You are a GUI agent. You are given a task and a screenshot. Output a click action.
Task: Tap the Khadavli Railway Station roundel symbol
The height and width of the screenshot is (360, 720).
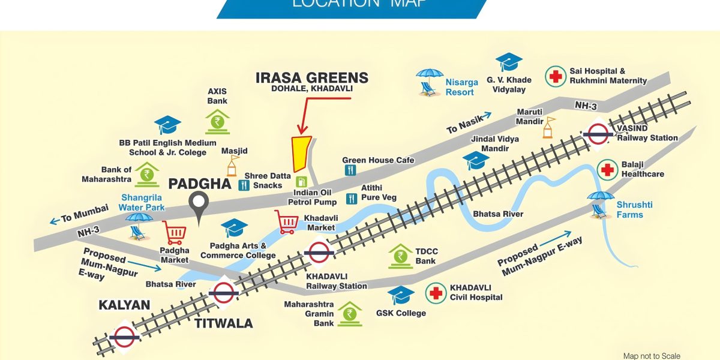coord(318,252)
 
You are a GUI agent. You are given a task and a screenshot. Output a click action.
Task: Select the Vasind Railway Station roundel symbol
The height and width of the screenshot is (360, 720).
coord(598,134)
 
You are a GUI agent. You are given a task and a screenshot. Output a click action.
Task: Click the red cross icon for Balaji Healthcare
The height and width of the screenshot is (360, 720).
coord(608,170)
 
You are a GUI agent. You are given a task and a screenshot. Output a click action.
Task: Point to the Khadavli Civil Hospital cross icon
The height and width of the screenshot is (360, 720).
coord(436,293)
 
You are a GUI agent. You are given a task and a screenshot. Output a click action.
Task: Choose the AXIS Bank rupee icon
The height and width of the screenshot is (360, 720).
coord(217,121)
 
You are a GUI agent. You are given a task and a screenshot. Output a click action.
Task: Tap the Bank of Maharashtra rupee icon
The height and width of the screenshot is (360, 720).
coord(147,174)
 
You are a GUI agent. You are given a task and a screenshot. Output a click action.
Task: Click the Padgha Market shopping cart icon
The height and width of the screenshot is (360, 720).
coord(174,233)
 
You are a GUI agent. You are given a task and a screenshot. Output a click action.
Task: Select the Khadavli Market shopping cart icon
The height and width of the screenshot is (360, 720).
coord(287,223)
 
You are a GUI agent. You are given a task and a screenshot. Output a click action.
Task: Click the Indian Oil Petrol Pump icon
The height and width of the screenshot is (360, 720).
coord(301,181)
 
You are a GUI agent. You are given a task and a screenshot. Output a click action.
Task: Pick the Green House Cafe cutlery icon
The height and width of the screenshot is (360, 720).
coord(350,170)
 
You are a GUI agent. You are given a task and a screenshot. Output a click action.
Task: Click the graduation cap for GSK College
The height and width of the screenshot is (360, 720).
coord(401,295)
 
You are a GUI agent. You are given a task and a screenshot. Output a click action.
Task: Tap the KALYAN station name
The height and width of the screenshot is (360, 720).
coord(124,305)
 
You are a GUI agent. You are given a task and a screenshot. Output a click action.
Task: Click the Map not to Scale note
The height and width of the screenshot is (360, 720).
coord(652,356)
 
